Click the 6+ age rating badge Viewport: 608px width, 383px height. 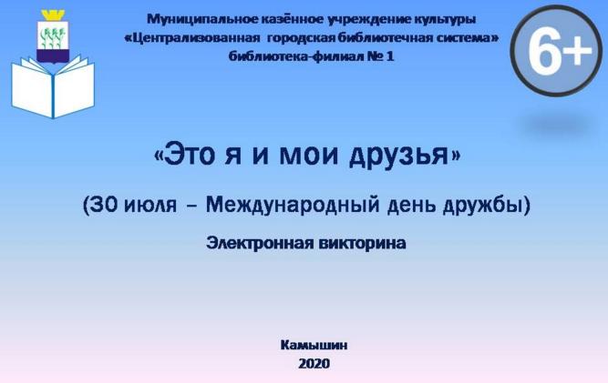click(x=556, y=51)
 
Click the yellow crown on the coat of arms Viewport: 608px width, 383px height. click(x=53, y=15)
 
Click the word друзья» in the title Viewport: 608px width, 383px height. click(x=405, y=156)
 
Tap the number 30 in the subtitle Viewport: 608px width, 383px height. click(x=104, y=205)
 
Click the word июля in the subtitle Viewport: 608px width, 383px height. click(x=150, y=206)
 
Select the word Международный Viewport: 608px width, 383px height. click(x=293, y=205)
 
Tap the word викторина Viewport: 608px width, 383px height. click(x=363, y=244)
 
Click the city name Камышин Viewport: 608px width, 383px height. click(x=314, y=345)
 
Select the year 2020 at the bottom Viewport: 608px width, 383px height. click(x=314, y=363)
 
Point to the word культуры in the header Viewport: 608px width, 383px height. click(x=440, y=19)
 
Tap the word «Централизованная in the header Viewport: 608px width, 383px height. click(x=192, y=38)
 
